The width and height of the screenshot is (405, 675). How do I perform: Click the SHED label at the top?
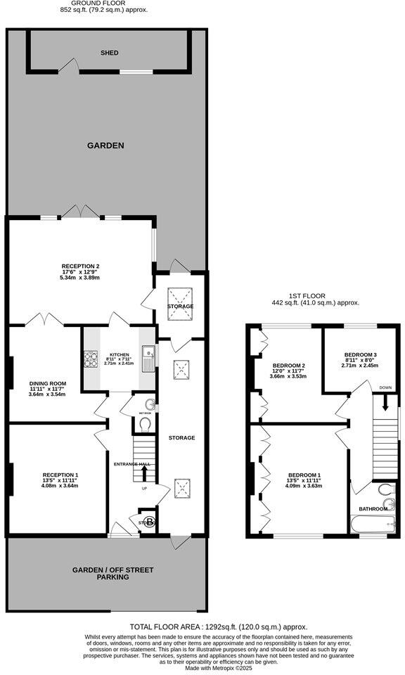coord(109,53)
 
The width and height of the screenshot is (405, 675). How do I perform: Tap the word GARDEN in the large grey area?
coord(105,146)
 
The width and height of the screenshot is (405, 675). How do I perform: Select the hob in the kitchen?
coord(91,359)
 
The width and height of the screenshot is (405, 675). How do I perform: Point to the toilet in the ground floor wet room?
coord(145,425)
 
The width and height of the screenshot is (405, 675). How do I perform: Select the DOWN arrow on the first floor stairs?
coord(385,403)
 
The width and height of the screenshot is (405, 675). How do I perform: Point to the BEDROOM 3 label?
coord(361,354)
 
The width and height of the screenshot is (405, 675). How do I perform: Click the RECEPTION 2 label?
coord(80,266)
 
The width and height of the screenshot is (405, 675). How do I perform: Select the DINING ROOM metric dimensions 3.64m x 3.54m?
coord(46,394)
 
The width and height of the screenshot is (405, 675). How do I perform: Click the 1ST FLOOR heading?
coord(316,295)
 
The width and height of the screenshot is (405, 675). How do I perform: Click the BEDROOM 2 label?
coord(288,366)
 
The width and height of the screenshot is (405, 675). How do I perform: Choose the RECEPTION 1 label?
coord(60,474)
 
